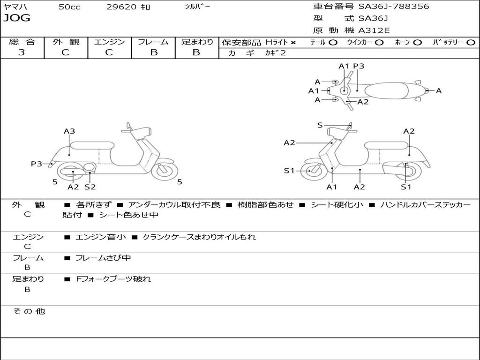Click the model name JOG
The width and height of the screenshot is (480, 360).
coord(17,18)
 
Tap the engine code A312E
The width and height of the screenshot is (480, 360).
coord(374,30)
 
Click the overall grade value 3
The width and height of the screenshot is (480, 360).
coord(22,52)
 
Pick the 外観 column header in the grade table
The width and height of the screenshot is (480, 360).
coord(66,42)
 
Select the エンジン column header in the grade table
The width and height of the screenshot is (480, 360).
coord(109,42)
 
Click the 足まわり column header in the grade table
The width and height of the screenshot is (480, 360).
coord(197,42)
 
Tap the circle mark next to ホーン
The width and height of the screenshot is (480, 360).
coord(418,43)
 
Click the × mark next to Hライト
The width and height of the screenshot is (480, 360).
coord(293,43)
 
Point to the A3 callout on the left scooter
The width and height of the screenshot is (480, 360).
coord(69,131)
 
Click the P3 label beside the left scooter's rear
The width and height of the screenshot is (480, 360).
coord(37,164)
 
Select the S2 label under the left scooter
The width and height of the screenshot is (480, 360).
coord(90,187)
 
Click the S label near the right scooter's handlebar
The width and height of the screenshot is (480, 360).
coord(320,125)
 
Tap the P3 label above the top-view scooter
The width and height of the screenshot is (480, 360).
coord(359,66)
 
